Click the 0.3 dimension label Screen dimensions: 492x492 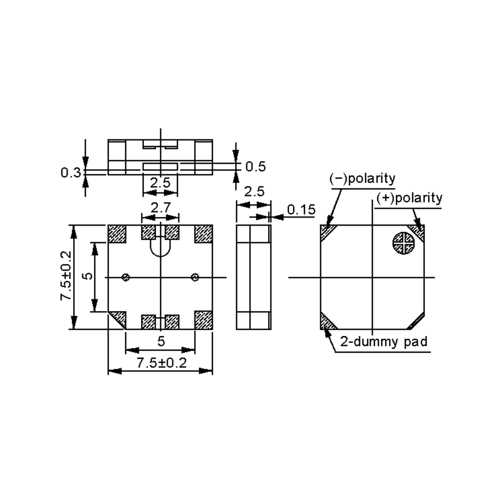click(x=71, y=173)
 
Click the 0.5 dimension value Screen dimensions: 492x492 click(x=255, y=166)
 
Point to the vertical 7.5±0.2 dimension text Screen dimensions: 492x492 click(x=65, y=276)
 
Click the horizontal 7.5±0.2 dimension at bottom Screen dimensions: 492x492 click(x=162, y=363)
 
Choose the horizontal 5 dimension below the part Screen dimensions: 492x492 click(x=161, y=341)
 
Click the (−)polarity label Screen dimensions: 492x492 click(x=362, y=179)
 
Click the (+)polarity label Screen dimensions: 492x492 click(x=409, y=198)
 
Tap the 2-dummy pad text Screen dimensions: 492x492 click(x=384, y=342)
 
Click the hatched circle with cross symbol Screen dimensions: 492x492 click(x=404, y=243)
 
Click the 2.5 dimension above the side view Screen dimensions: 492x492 click(x=254, y=192)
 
